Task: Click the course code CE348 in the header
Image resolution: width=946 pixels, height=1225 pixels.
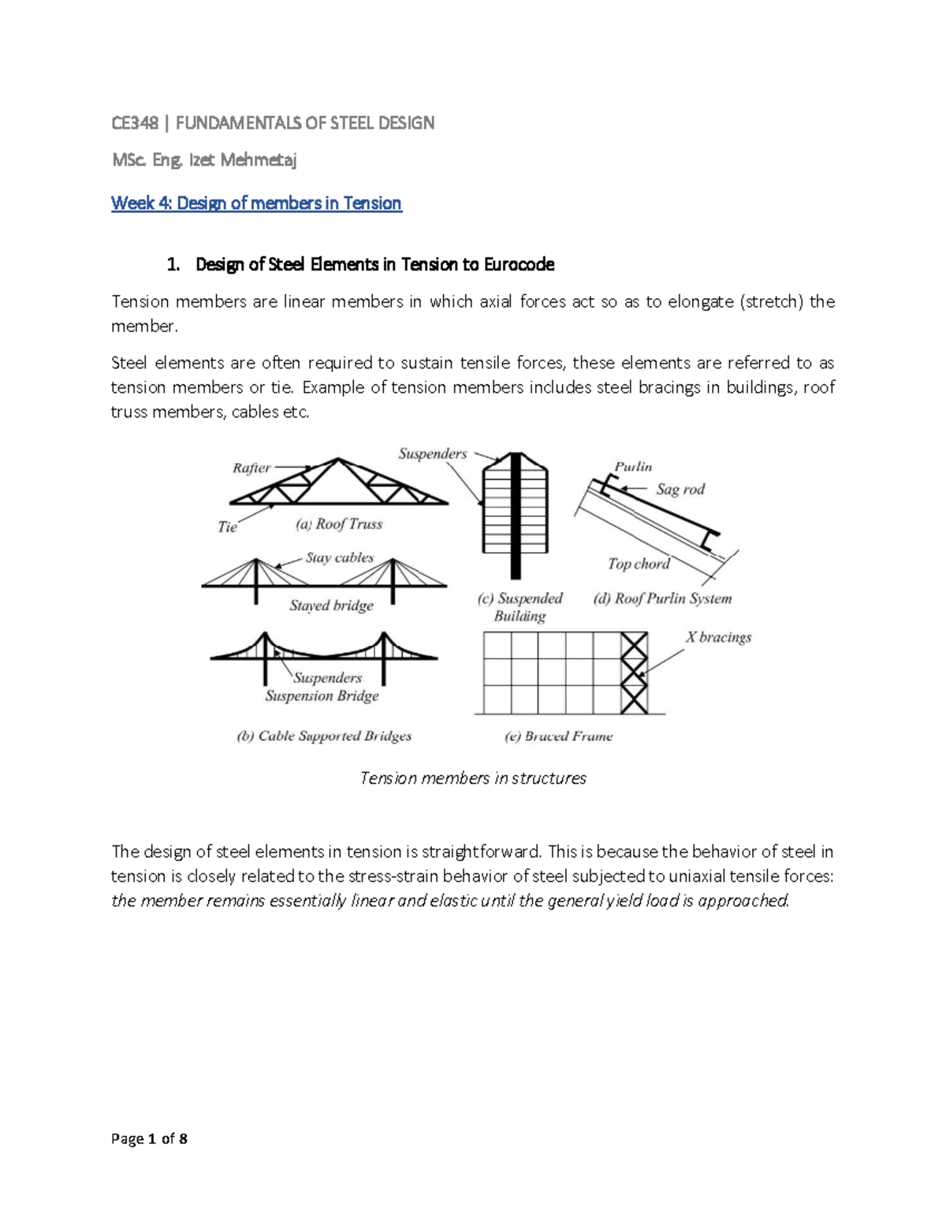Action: pos(135,123)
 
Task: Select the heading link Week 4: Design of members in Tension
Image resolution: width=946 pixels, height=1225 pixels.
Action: pos(256,204)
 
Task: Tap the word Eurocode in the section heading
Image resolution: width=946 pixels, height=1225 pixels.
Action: pos(519,264)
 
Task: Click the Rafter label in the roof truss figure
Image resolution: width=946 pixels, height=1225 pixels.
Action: pos(251,468)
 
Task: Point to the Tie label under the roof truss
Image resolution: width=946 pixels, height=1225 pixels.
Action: pos(227,527)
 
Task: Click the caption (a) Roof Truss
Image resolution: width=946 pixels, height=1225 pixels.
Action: pos(339,524)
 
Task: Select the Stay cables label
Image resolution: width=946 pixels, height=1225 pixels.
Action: pos(340,558)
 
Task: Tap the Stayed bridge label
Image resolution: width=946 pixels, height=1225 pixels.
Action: pos(331,606)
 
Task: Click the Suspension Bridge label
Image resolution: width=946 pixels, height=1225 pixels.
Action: pos(322,696)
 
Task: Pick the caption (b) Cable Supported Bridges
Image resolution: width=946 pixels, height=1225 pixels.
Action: pos(324,736)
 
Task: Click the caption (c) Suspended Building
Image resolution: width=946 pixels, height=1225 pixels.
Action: pos(520,607)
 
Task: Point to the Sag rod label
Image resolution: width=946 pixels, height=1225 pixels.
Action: pos(680,489)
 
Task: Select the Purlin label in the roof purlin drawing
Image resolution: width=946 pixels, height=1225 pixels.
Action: pos(633,467)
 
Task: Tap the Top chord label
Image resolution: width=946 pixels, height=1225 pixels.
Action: pos(639,564)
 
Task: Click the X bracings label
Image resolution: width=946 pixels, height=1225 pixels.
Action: pos(718,637)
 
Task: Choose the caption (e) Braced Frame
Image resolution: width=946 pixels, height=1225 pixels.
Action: pos(558,736)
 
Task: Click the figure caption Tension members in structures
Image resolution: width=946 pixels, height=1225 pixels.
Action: pos(473,779)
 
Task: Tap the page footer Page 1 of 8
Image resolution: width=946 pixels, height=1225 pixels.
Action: pos(150,1138)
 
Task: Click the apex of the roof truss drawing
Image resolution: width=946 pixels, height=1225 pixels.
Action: pos(338,459)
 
